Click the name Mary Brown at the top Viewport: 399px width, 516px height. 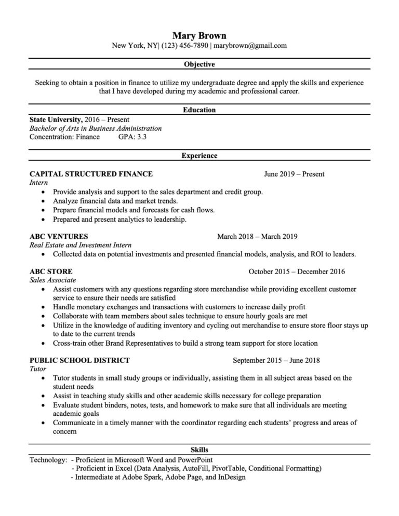[199, 35]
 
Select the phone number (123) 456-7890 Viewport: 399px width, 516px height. [185, 46]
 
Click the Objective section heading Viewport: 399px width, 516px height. [199, 65]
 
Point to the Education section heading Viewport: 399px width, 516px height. [199, 110]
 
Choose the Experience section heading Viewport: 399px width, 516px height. [199, 155]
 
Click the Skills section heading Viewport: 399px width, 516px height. [199, 450]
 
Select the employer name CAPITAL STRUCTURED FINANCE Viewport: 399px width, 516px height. [91, 174]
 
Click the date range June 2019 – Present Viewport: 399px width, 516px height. [294, 174]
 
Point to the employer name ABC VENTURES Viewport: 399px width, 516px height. [59, 236]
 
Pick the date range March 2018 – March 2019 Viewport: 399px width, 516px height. [257, 236]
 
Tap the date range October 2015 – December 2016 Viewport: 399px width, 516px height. [297, 271]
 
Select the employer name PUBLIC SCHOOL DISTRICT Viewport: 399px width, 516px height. [79, 360]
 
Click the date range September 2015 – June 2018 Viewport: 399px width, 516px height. [276, 360]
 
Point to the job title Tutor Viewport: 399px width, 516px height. [38, 369]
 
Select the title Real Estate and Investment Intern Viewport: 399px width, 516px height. [81, 245]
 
